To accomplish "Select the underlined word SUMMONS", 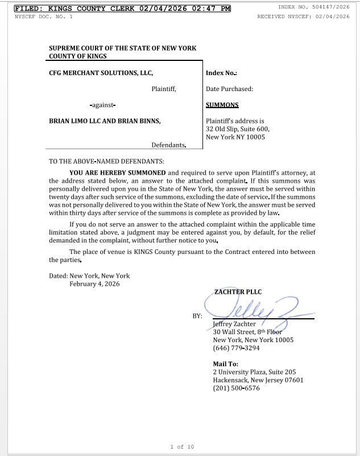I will click(222, 105).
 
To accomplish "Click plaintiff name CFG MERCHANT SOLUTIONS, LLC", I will click(101, 73).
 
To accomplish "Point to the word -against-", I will click(103, 105).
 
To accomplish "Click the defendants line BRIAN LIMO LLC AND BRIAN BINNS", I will click(105, 121).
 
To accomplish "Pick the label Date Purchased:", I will click(229, 89).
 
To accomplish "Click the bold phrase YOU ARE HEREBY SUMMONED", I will click(118, 172).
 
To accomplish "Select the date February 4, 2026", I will click(94, 284).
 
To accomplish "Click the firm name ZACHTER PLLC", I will click(238, 292).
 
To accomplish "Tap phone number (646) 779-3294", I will click(236, 348).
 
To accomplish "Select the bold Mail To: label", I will click(225, 364).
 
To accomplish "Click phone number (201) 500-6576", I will click(236, 388).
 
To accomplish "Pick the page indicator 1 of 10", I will click(182, 447).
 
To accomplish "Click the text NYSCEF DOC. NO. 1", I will click(43, 17).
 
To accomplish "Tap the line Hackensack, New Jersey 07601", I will click(258, 380).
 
